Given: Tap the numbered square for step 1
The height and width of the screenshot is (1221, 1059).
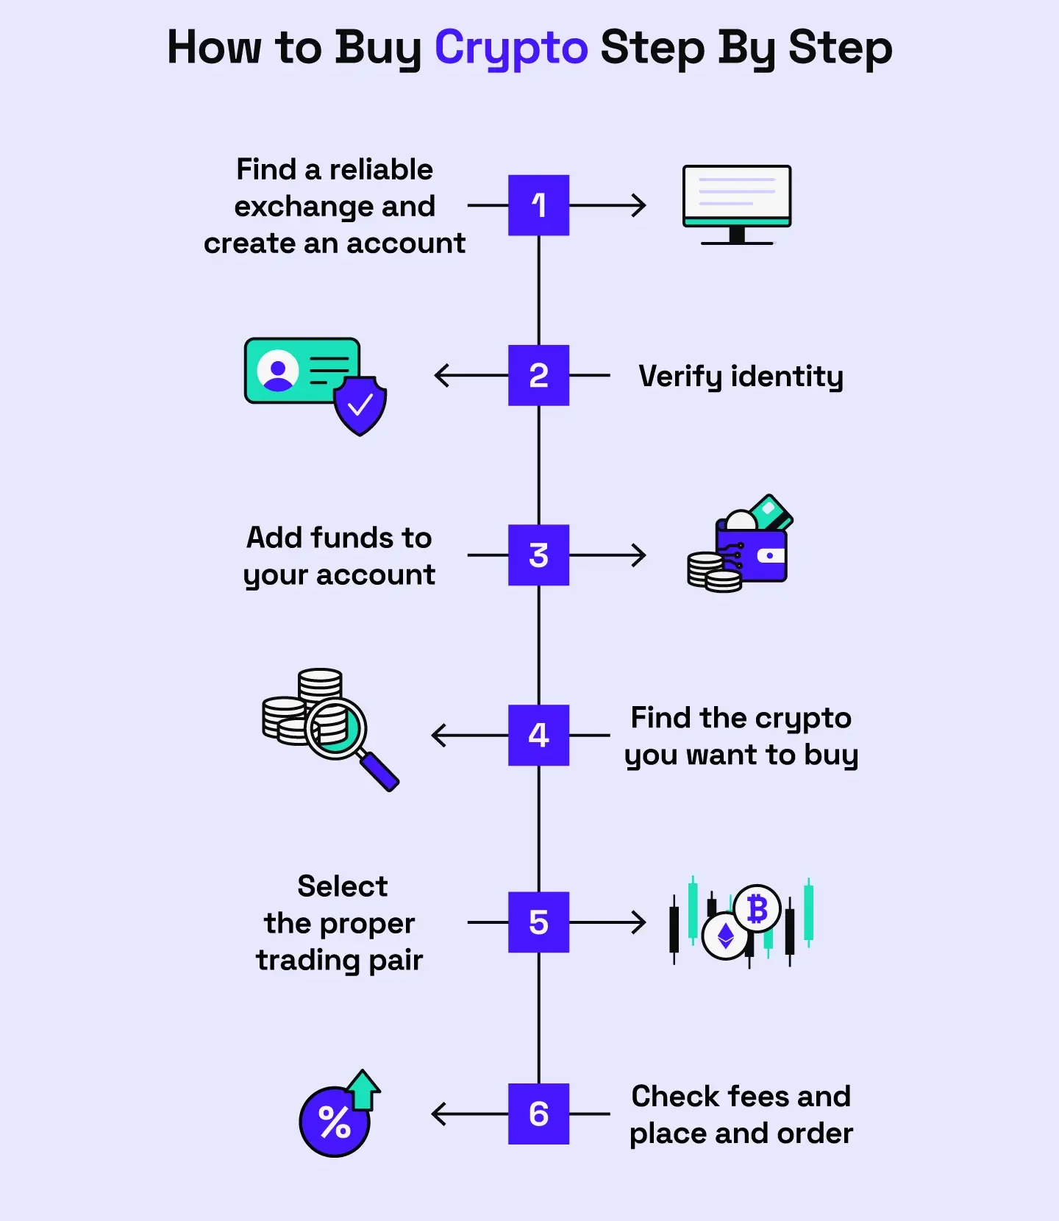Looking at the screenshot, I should pos(538,205).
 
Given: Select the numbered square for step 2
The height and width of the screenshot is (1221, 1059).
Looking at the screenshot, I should pos(538,375).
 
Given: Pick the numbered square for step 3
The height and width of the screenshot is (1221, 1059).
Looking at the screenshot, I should pos(538,555).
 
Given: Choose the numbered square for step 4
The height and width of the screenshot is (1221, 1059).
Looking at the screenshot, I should pos(538,735).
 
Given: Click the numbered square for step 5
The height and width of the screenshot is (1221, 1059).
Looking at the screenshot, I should pos(538,922).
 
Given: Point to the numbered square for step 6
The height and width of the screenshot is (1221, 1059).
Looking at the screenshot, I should pos(538,1114).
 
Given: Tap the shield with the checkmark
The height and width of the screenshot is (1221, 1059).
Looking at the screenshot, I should pos(360,405).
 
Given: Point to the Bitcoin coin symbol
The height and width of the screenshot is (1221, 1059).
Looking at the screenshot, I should pos(757,909).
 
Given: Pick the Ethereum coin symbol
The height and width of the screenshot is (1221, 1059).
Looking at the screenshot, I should pos(726,936).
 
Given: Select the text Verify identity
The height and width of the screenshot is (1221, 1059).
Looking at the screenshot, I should pos(741,376).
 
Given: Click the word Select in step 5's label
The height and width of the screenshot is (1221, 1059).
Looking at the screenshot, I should pos(342,886).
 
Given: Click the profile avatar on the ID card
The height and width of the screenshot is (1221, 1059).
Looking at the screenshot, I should pos(278,371).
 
